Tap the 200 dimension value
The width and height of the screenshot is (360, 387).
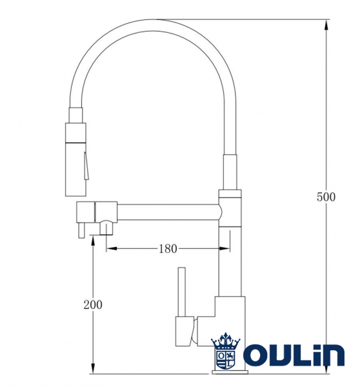93,304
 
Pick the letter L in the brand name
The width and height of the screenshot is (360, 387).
302,356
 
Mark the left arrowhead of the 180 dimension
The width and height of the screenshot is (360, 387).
110,248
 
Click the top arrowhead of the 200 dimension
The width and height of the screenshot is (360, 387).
93,241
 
